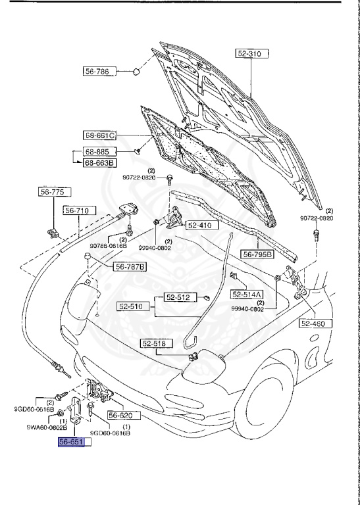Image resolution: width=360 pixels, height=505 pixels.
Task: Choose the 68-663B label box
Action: click(x=99, y=162)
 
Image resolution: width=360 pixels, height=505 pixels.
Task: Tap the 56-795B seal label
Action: click(x=257, y=254)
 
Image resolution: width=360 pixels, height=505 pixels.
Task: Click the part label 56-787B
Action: click(x=131, y=266)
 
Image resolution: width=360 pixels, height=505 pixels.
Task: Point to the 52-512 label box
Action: click(x=177, y=298)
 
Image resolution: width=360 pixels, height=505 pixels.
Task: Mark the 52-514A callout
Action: click(x=247, y=294)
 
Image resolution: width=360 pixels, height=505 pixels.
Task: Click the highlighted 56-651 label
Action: click(x=73, y=443)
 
